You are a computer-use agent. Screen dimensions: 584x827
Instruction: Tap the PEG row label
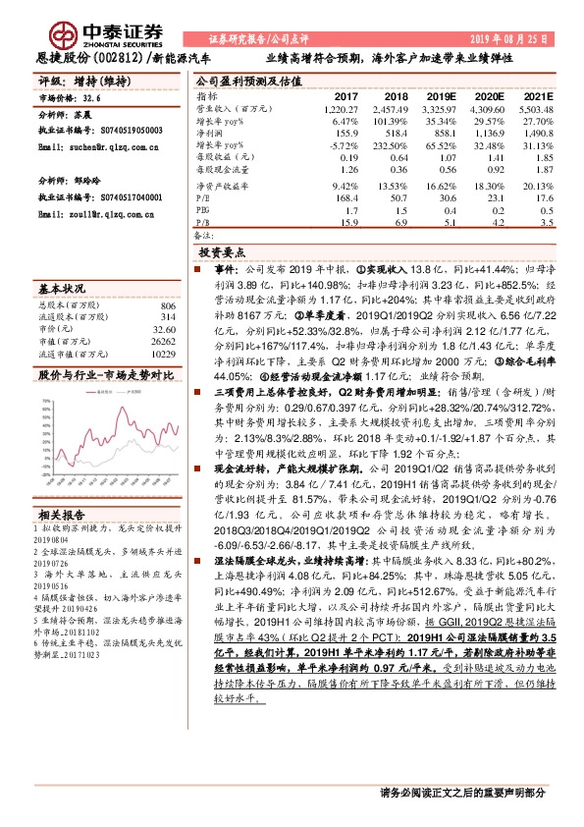[x=203, y=209]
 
